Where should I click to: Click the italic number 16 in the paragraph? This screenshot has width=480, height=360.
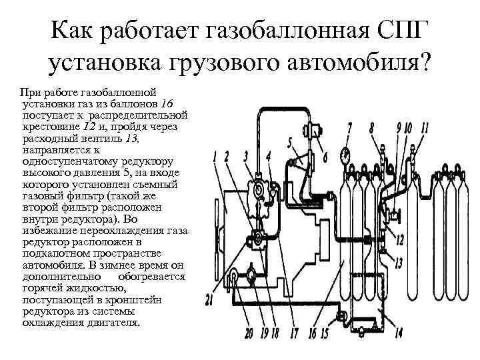168,104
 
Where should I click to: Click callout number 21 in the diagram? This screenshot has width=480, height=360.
209,300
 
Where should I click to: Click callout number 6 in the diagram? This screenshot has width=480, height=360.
325,158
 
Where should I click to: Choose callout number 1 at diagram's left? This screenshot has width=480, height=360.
215,158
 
